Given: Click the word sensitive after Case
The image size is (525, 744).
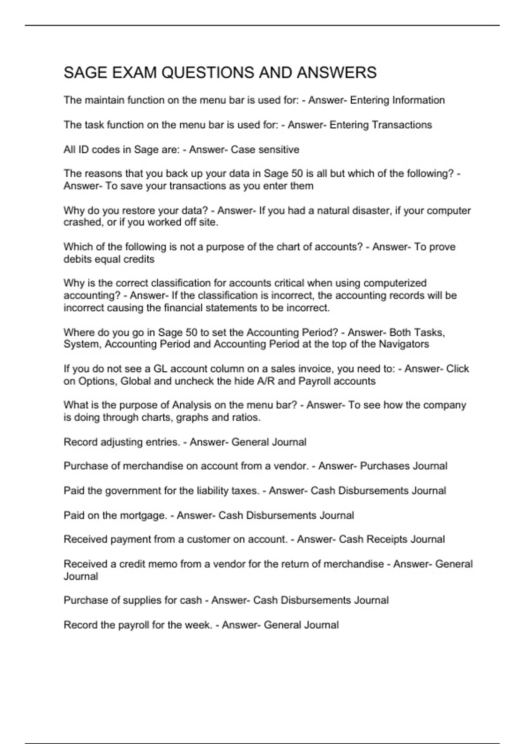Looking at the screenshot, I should (279, 150).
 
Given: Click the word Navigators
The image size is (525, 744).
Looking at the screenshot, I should (403, 344).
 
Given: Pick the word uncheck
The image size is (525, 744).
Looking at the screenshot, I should (194, 381).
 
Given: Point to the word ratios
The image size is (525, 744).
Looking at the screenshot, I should (247, 418).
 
